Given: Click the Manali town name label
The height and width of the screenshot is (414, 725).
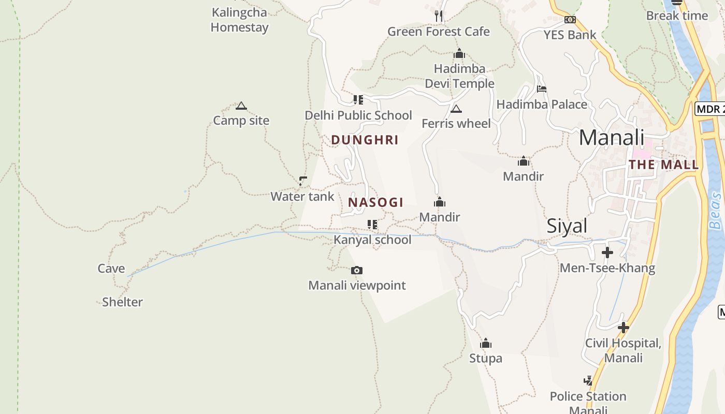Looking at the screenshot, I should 611,138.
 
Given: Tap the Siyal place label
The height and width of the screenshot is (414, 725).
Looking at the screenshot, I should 567,226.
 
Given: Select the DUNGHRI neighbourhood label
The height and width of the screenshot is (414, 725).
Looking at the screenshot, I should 365,140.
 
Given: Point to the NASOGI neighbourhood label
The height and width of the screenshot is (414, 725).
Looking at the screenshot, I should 375,202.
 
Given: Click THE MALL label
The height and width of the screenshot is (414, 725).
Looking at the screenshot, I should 663,165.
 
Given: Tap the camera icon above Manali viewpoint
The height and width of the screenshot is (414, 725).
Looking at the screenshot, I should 356,270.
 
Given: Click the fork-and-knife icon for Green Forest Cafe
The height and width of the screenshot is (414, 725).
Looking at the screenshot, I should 439,16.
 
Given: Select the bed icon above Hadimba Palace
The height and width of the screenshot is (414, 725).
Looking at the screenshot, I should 542,89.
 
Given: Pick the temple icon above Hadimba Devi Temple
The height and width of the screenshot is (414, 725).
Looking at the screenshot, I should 459,53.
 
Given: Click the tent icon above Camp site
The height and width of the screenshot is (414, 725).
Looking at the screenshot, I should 241,106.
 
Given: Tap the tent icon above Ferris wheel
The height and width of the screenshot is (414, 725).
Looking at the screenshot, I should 456,109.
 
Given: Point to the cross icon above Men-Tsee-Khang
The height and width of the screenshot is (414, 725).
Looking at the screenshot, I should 607,253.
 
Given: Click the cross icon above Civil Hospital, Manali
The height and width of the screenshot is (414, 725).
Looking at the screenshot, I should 624,327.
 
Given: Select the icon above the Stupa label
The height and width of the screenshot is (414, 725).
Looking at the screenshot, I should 485,343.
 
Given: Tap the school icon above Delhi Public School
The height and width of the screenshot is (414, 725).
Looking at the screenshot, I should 358,99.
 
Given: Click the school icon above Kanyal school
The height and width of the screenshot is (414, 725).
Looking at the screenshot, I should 372,225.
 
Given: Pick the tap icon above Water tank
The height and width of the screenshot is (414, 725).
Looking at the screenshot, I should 303,181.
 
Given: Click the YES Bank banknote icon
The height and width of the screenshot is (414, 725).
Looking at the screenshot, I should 570,20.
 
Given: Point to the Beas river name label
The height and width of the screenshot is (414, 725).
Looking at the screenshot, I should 715,211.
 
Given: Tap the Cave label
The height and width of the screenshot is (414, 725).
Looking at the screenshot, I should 111,268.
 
